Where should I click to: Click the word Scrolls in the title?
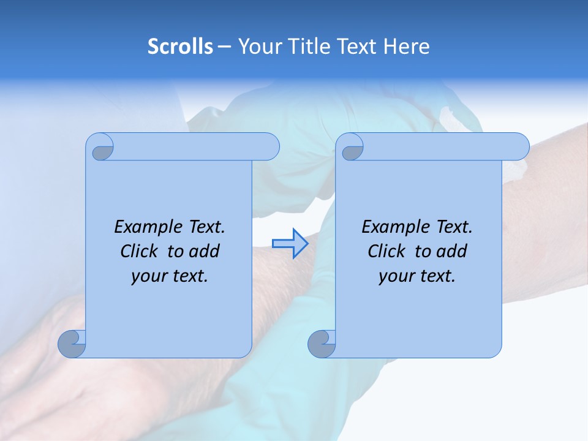180,47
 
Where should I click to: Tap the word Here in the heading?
406,47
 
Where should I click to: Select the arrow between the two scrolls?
290,244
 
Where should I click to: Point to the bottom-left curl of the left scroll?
72,344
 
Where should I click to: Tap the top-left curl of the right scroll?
351,148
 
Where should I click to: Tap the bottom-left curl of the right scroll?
322,344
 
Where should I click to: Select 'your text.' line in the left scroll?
170,276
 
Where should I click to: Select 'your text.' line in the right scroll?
417,276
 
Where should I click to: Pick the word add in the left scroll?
205,251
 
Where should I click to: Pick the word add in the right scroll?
452,251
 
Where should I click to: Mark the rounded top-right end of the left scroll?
269,147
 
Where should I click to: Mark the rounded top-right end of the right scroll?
519,147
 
